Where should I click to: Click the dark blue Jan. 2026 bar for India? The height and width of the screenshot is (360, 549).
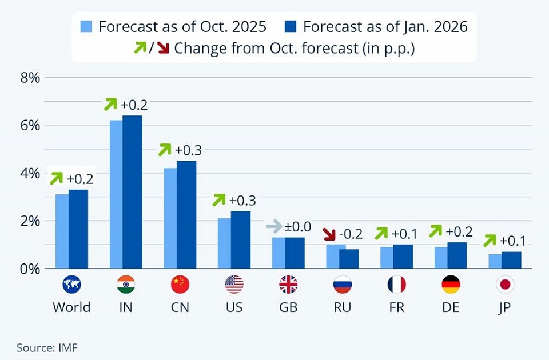pos(132,192)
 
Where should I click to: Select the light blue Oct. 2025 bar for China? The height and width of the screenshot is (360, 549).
pos(170,218)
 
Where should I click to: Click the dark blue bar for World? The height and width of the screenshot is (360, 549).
pos(78,229)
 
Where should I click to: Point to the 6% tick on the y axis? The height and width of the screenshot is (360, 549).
pos(30,125)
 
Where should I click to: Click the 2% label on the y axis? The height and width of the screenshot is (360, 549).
pos(30,221)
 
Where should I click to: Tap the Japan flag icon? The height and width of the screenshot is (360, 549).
pos(505,284)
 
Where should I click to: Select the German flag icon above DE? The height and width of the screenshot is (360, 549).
pos(451,284)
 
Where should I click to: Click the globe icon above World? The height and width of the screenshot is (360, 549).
pos(71,284)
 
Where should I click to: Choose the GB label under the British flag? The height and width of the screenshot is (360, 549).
pos(288,307)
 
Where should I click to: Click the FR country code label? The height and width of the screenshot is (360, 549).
pos(396,307)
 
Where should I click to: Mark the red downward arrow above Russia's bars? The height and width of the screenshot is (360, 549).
pos(329,234)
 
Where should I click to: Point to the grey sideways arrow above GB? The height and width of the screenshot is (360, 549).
pos(274,227)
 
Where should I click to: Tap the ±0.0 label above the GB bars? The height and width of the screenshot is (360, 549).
pos(297,227)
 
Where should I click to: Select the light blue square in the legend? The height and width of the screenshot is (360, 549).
pos(87,27)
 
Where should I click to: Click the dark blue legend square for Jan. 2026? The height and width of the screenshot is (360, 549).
pos(290,27)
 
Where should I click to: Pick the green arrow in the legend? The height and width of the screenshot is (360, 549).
pos(140,48)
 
